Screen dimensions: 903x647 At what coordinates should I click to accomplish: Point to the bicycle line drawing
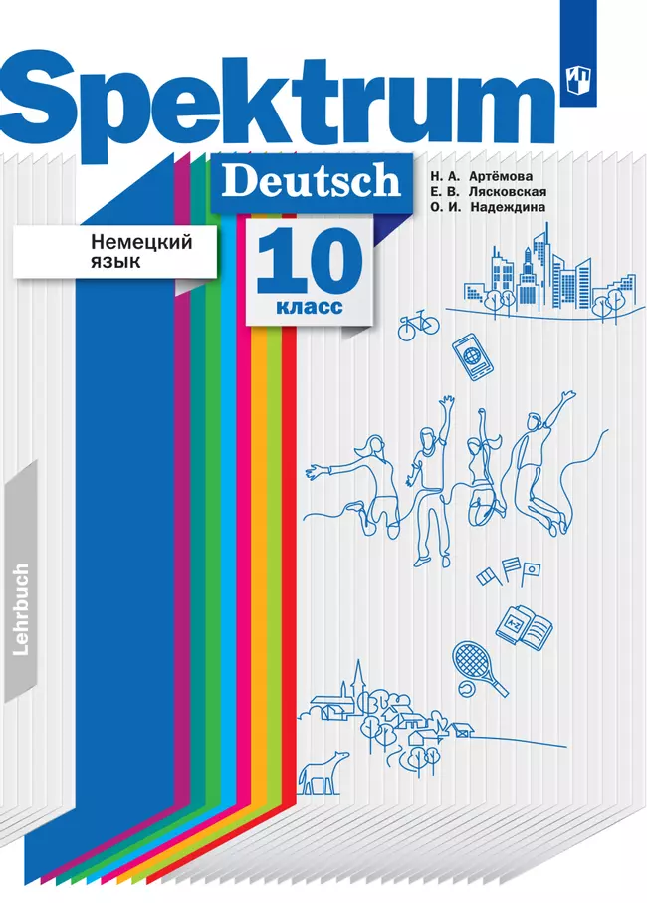(x=418, y=324)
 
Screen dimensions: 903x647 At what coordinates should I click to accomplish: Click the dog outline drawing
(x=324, y=768)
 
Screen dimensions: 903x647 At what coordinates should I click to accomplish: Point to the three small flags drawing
(x=508, y=573)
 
